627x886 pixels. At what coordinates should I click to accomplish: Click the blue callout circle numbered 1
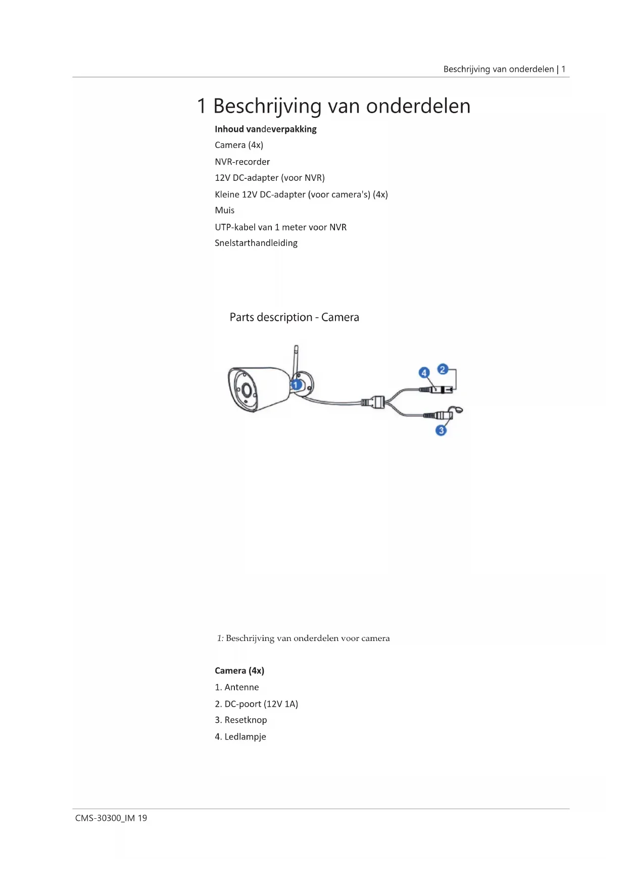[x=296, y=385]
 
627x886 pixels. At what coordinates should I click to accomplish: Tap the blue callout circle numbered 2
[x=443, y=369]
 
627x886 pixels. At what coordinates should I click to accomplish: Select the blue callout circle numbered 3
[x=441, y=430]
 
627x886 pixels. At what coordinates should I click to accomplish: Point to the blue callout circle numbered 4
[x=424, y=373]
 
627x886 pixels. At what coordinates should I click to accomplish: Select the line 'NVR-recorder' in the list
[x=242, y=162]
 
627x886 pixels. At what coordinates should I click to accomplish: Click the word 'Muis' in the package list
[x=224, y=210]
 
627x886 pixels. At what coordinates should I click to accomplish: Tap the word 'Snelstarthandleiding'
[x=256, y=243]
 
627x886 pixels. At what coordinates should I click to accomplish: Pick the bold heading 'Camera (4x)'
[x=239, y=671]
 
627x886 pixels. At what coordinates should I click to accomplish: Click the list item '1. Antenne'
[x=236, y=687]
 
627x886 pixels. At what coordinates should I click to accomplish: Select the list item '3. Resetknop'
[x=240, y=720]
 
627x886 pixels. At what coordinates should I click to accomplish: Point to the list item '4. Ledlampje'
[x=240, y=737]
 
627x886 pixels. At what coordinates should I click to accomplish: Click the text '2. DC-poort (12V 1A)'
[x=256, y=704]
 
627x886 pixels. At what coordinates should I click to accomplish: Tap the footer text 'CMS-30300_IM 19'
[x=111, y=818]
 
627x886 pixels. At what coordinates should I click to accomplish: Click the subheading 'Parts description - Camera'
[x=294, y=317]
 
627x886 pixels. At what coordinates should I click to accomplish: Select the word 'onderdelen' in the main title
[x=418, y=106]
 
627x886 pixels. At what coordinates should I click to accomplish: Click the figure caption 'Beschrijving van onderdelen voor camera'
[x=307, y=638]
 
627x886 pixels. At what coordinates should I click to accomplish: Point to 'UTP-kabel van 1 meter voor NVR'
[x=280, y=227]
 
